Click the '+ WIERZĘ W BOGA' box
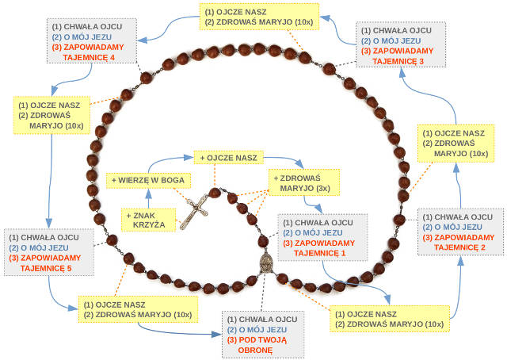148,181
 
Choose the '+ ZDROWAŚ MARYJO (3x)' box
305,183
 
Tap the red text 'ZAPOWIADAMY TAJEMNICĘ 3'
399,56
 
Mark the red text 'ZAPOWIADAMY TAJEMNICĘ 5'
51,263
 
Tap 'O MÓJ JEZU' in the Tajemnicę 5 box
42,247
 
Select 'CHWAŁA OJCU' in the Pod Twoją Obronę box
261,319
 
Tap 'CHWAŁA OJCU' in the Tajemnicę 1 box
318,223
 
